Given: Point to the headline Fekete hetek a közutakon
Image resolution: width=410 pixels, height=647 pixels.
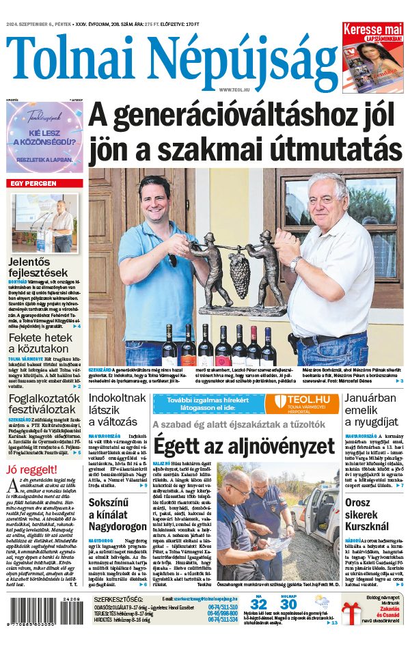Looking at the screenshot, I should (x=41, y=344).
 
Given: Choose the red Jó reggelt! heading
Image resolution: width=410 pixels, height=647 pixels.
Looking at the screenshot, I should (x=31, y=469).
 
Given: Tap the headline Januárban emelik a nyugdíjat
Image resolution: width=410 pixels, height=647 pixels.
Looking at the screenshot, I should (x=370, y=409).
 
